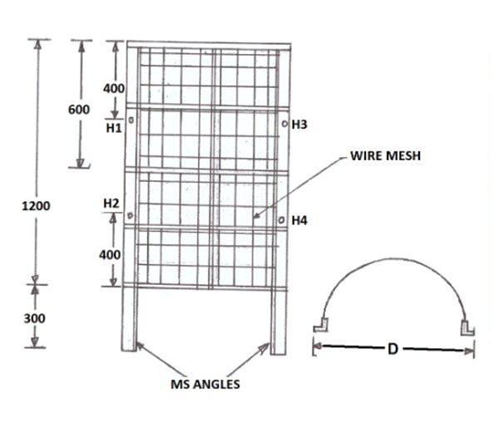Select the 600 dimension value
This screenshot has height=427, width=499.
[x=79, y=110]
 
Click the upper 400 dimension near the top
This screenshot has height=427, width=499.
[x=114, y=88]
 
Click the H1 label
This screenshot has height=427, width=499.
[x=114, y=129]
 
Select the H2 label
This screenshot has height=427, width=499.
[x=112, y=204]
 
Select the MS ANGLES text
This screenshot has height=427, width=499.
[x=205, y=385]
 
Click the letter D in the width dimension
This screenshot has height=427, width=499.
[x=392, y=348]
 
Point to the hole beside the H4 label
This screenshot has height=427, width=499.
[x=281, y=220]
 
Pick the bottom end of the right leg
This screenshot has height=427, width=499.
[x=278, y=349]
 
